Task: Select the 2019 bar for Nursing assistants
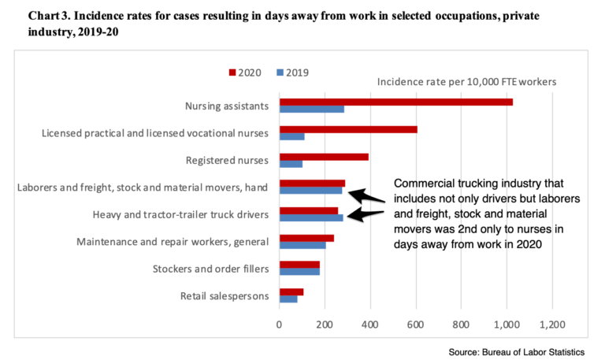coord(311,109)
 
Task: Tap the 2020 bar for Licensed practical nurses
coord(347,129)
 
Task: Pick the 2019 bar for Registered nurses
coord(291,164)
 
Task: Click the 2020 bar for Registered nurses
coord(324,156)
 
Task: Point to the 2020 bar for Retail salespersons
coord(291,291)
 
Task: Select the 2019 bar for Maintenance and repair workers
coord(302,245)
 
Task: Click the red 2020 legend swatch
coord(232,72)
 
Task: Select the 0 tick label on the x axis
coord(279,324)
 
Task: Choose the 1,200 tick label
coord(551,324)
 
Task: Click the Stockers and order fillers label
coord(210,269)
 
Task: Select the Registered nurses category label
coord(227,160)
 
